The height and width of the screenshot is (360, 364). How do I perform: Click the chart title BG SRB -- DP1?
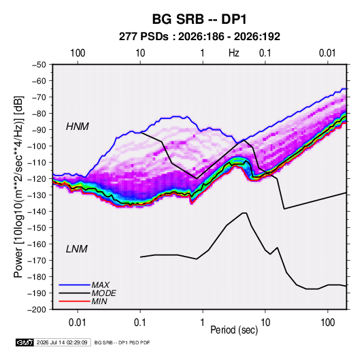(199, 19)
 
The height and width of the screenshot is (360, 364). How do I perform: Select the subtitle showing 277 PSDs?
(199, 37)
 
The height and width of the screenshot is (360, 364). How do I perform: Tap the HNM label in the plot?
(78, 127)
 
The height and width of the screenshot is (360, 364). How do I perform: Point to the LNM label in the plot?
(77, 249)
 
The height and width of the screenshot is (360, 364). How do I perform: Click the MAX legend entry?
(100, 285)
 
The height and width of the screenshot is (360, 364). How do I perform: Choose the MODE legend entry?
(103, 293)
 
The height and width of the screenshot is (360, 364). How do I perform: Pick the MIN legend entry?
(99, 301)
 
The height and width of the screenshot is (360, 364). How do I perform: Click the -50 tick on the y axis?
(39, 65)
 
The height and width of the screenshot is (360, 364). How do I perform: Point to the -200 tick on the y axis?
(37, 310)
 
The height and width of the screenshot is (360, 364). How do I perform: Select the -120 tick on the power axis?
(37, 179)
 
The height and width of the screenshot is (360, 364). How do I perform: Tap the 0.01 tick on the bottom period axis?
(78, 323)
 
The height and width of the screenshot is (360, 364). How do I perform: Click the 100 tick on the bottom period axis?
(327, 323)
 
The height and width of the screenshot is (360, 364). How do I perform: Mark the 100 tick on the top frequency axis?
(78, 53)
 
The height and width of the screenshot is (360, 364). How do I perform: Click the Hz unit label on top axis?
(234, 53)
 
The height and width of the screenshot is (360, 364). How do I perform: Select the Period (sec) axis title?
(234, 330)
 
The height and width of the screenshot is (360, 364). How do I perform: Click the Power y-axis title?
(18, 187)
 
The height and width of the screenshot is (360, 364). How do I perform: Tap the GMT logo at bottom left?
(25, 342)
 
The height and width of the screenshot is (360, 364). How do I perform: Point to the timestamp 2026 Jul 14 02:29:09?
(62, 342)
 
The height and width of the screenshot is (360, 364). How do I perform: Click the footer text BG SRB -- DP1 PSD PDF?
(122, 342)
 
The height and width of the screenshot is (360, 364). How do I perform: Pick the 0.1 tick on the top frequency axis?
(265, 53)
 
